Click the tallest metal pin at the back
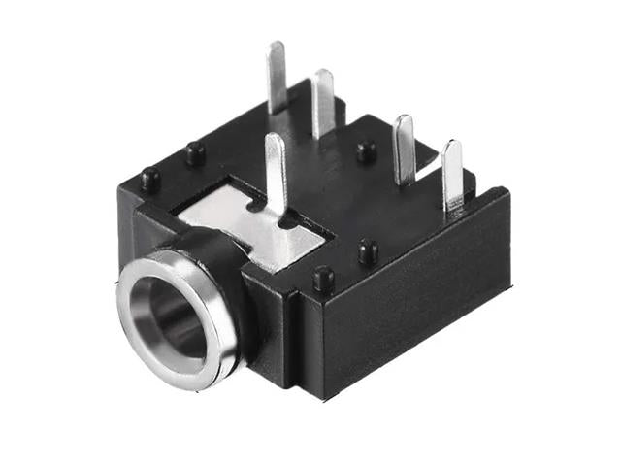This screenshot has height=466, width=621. [x=278, y=78]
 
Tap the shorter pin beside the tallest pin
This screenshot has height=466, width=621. [x=324, y=103]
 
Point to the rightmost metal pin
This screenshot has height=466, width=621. [x=452, y=175]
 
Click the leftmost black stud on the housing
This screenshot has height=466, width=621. [x=149, y=178]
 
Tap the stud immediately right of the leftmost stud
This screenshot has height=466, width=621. [x=196, y=152]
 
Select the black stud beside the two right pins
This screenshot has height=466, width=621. [x=366, y=151]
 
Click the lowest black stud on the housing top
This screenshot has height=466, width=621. [x=323, y=280]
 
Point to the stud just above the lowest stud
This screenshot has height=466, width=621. [x=367, y=251]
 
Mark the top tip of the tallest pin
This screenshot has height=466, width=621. [x=277, y=47]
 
